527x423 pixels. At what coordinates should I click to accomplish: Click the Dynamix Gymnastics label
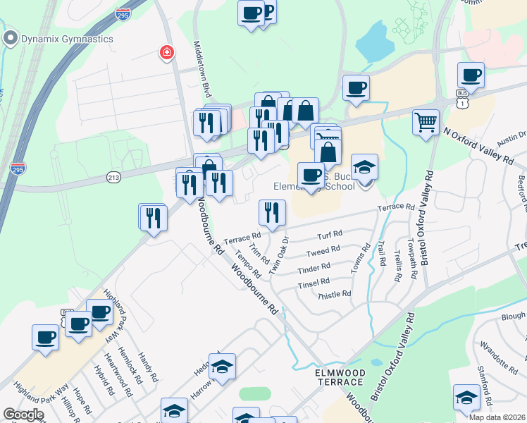click(67, 39)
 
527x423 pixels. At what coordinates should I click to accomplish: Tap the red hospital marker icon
click(167, 53)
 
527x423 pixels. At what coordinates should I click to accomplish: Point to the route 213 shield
click(114, 177)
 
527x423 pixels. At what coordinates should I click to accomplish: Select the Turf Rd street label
click(329, 234)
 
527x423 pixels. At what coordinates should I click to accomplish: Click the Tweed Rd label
click(323, 252)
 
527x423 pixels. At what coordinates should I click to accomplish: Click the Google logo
click(23, 415)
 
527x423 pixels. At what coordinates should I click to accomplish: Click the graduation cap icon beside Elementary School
click(364, 168)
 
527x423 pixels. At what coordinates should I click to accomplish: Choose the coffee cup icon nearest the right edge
click(470, 75)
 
